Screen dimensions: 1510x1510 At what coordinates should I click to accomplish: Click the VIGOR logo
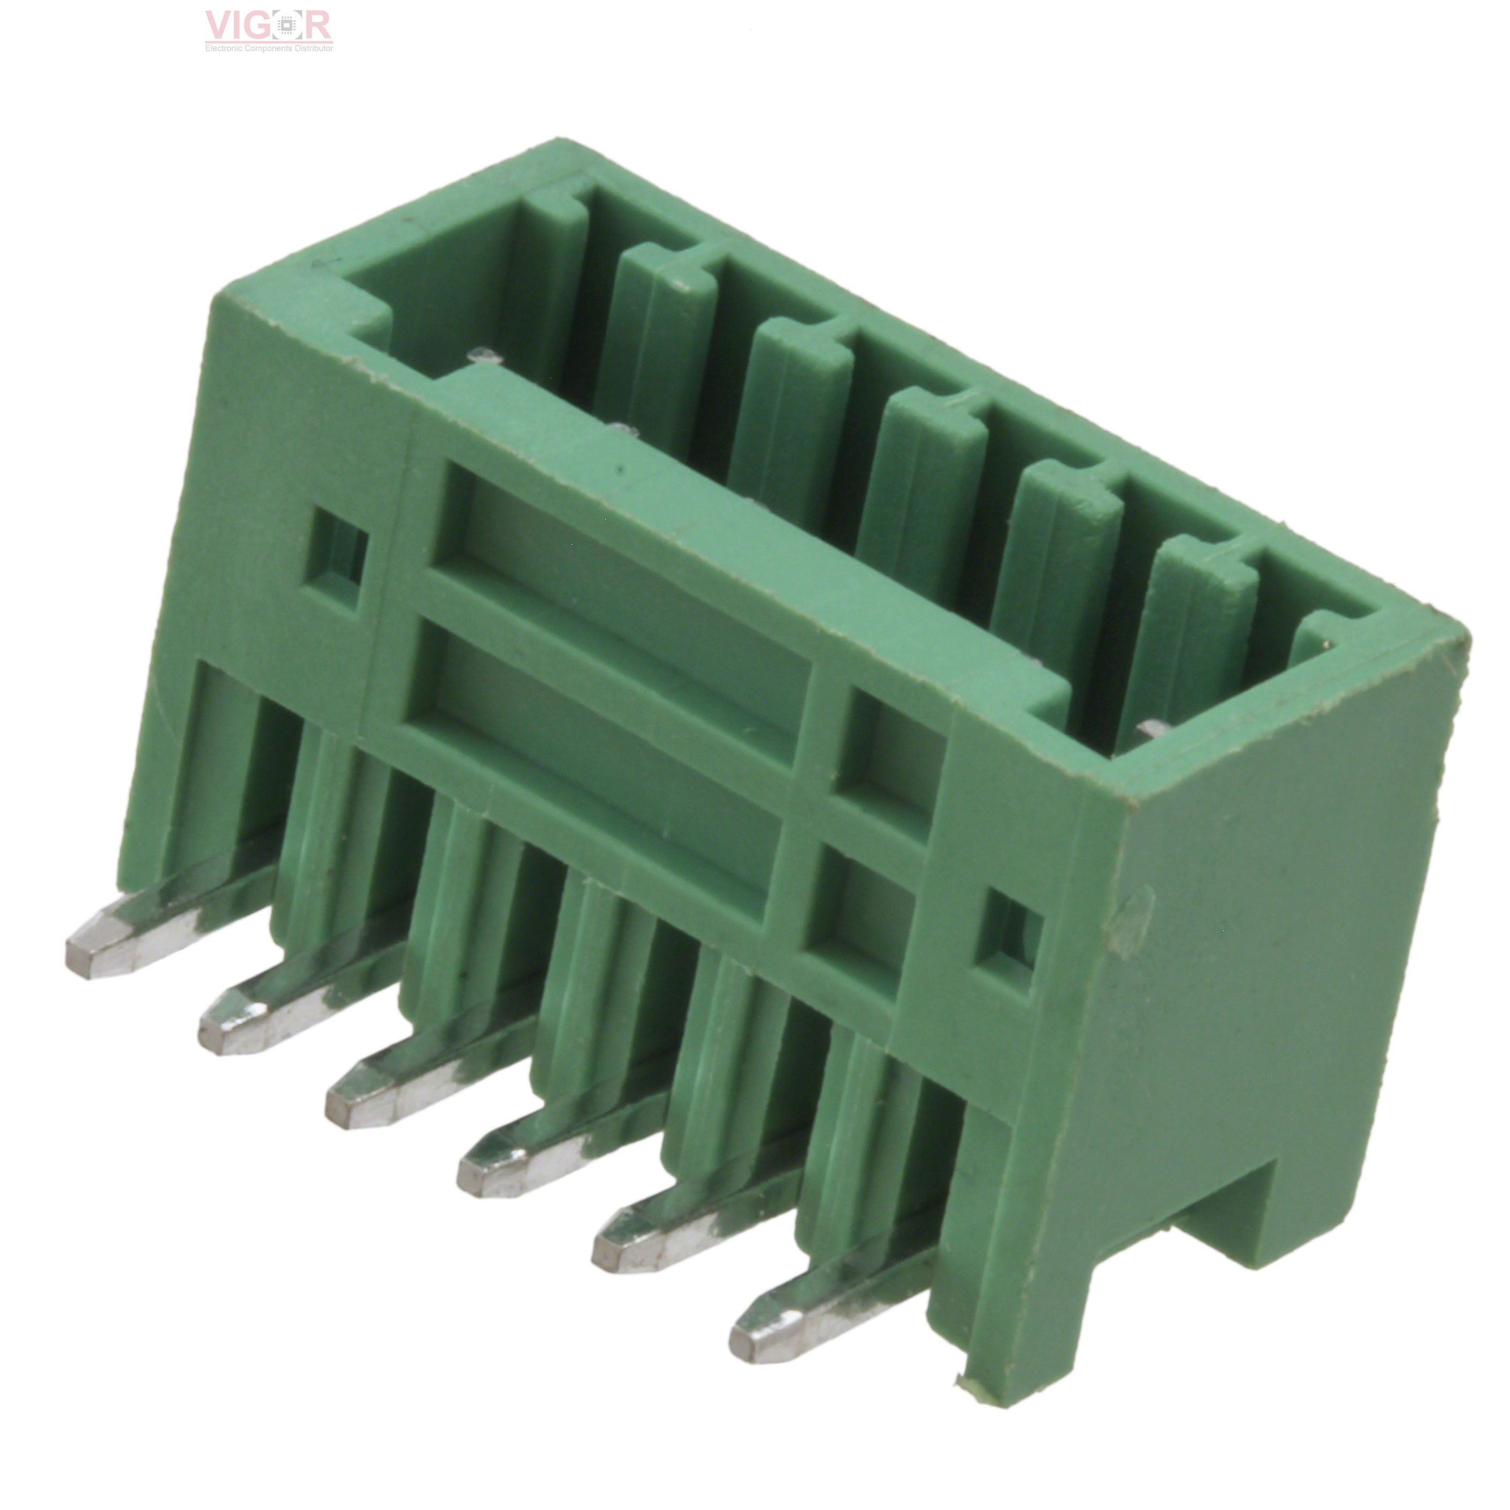pyautogui.click(x=269, y=26)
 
